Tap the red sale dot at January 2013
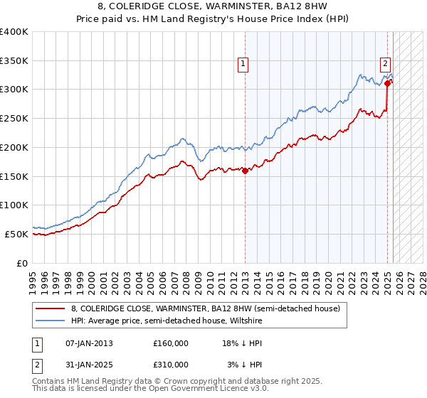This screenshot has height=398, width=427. [x=245, y=171]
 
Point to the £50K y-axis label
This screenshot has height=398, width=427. [x=16, y=234]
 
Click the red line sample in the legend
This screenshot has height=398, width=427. [x=50, y=308]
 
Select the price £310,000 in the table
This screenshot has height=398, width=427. [x=171, y=365]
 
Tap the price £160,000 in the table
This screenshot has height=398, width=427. [x=171, y=343]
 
